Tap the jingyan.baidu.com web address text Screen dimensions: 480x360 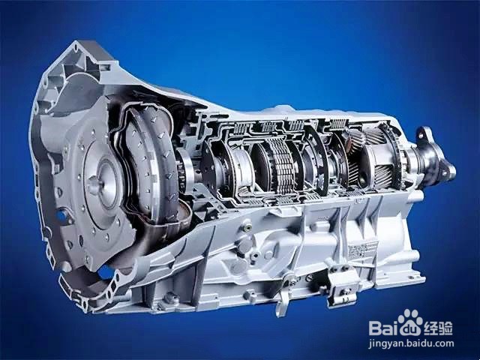point(411,343)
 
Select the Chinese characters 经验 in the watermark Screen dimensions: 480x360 point(438,328)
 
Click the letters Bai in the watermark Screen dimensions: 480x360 point(384,328)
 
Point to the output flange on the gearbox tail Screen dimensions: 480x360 point(435,159)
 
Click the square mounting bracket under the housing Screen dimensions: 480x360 point(343,286)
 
